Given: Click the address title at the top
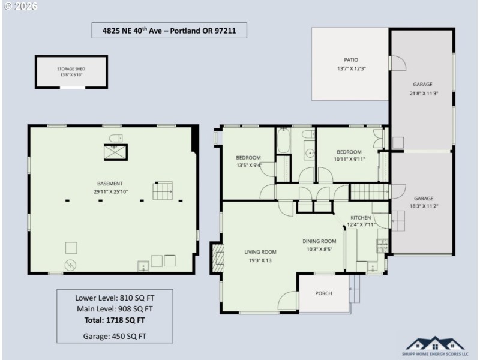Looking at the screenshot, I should click(x=170, y=31).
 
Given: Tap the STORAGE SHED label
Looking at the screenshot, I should click(x=71, y=69).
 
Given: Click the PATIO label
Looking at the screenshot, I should click(x=350, y=60).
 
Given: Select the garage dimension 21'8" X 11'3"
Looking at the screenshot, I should click(x=422, y=93).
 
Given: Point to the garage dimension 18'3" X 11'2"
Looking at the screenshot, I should click(x=422, y=207).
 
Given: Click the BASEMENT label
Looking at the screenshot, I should click(x=110, y=183).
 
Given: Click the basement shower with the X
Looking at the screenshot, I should click(x=115, y=152).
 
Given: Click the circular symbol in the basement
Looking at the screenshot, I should click(x=70, y=263).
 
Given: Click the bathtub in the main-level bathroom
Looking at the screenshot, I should click(x=283, y=143).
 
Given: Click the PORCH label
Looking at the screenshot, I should click(x=324, y=293).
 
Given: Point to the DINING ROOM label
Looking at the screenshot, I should click(x=319, y=241).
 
